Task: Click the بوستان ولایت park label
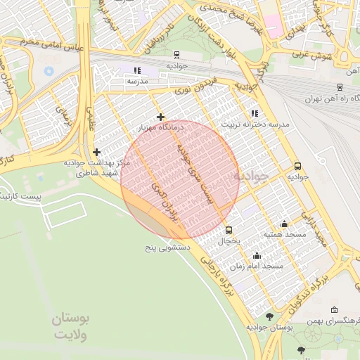(72, 326)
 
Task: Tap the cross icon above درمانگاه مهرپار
(161, 117)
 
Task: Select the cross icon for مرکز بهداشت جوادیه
(96, 152)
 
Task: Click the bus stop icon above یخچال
(229, 230)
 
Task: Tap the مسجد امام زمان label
(262, 266)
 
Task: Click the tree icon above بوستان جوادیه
(269, 316)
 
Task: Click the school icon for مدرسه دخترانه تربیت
(254, 113)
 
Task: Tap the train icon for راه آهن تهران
(340, 87)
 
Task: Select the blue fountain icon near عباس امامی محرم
(49, 71)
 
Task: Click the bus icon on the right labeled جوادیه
(298, 167)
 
